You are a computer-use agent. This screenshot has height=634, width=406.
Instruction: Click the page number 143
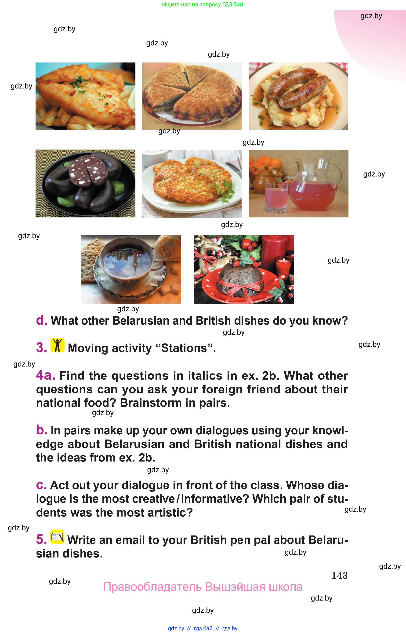340,575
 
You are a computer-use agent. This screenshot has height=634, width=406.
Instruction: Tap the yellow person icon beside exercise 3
57,345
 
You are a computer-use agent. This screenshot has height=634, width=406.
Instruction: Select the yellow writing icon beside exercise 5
57,537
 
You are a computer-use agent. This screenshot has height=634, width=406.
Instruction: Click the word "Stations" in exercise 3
185,348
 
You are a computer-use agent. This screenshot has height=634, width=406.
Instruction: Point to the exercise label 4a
46,375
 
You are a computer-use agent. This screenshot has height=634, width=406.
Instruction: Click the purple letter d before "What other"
41,320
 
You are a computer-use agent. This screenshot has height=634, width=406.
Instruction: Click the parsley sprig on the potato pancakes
224,190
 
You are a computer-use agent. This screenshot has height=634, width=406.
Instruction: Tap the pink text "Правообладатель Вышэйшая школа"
203,587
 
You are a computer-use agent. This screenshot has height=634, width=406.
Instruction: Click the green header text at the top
203,4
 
